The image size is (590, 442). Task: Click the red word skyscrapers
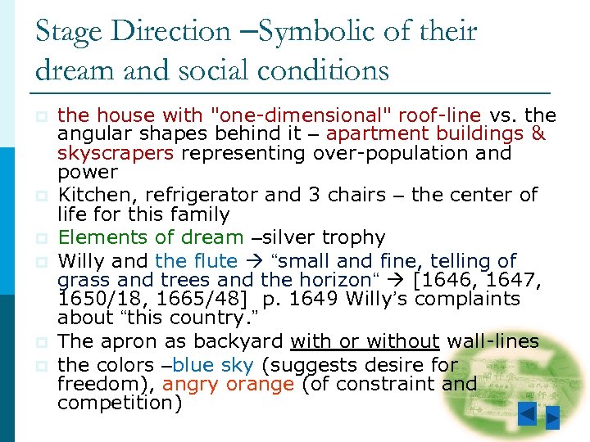click(115, 153)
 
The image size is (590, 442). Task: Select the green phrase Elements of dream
click(151, 237)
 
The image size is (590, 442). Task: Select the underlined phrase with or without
click(365, 341)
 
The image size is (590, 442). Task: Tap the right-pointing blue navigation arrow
click(553, 417)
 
